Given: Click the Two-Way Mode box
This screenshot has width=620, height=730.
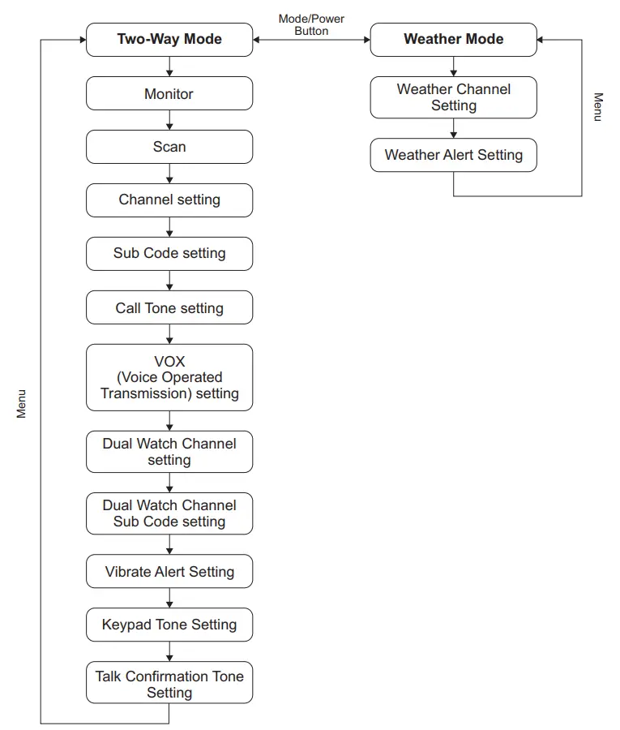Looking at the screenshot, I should (169, 39).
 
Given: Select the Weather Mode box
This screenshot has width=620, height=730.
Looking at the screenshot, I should (453, 39).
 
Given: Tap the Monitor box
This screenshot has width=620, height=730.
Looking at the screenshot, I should (169, 94).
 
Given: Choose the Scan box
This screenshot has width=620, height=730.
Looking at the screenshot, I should (169, 147).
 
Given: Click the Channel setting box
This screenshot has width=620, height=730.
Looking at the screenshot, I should (169, 200).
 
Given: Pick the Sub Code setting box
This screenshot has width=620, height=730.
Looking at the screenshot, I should (169, 253).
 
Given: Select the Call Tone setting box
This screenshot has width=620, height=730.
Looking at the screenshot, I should (169, 308).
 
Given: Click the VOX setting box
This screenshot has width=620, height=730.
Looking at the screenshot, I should (169, 377).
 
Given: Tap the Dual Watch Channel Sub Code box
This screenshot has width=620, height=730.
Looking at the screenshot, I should (169, 513).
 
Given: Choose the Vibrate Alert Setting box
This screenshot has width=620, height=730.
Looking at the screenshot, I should (169, 572).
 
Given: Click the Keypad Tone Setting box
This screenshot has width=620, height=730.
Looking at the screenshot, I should (169, 625).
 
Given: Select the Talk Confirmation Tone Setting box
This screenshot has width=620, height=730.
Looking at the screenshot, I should (169, 684).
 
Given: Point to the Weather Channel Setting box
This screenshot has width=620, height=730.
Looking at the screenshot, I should (453, 97).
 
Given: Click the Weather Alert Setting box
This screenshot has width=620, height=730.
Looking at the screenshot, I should (453, 155).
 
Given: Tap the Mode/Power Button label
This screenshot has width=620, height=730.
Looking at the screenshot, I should (311, 24).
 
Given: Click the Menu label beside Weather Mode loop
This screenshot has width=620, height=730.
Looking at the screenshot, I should (598, 107).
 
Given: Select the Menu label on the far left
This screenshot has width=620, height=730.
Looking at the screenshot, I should (22, 403).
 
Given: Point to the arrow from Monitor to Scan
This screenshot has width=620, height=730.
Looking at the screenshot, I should (169, 120).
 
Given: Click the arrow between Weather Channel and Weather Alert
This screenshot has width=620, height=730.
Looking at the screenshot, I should (453, 128).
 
